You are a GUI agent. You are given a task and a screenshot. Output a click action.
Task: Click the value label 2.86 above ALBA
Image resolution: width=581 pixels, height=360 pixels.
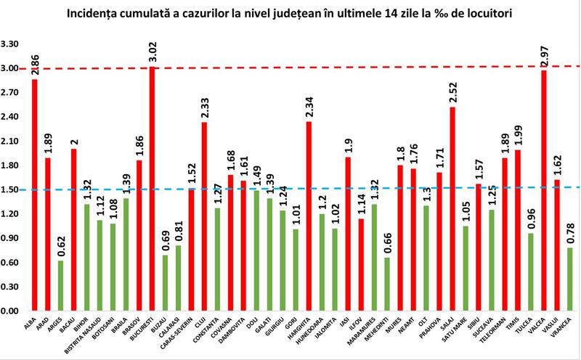pos(34,63)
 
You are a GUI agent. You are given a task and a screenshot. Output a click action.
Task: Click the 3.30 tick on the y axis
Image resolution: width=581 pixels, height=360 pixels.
pos(13,44)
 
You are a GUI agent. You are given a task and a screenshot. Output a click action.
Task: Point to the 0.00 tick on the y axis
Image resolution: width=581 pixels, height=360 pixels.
pos(13,311)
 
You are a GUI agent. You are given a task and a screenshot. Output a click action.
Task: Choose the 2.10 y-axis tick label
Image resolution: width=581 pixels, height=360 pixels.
pos(13,141)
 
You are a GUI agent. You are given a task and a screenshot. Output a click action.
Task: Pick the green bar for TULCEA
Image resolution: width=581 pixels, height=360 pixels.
pos(531,271)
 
